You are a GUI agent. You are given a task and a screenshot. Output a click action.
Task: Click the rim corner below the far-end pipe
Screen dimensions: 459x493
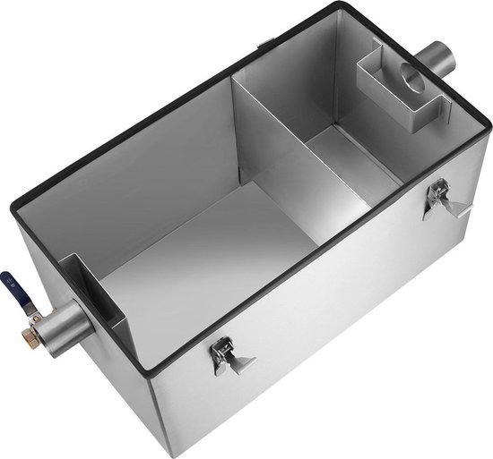489,128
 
